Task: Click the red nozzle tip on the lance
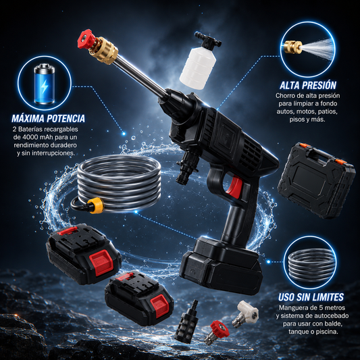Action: pyautogui.click(x=86, y=38)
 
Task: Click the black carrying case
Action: pyautogui.click(x=316, y=180)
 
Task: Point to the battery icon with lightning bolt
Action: pyautogui.click(x=45, y=84)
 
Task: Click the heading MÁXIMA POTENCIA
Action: pyautogui.click(x=48, y=118)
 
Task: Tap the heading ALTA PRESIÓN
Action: pyautogui.click(x=308, y=85)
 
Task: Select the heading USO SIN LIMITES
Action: pyautogui.click(x=311, y=297)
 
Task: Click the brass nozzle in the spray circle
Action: pyautogui.click(x=293, y=47)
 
